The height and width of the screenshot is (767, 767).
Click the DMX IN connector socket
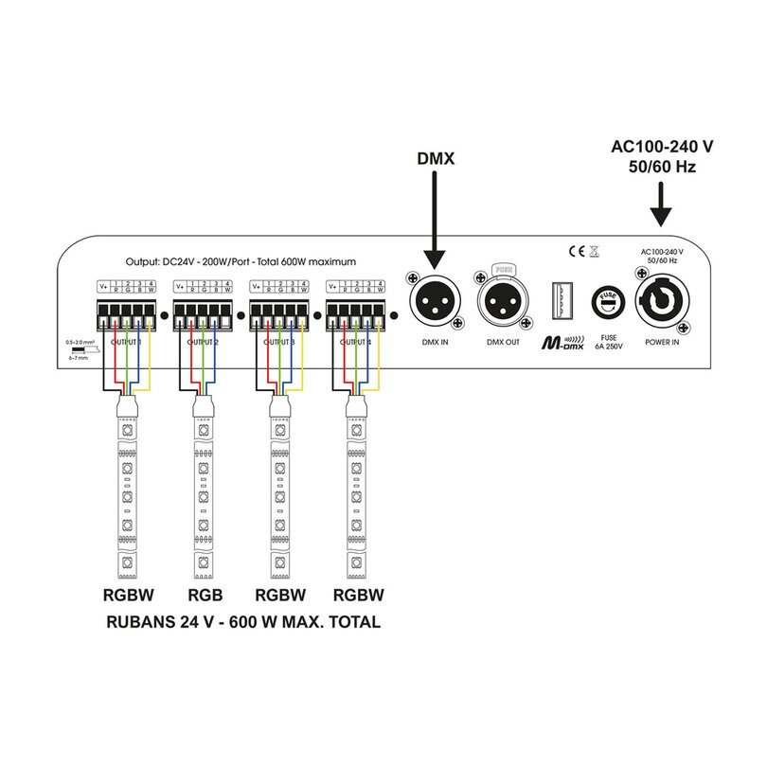(x=434, y=304)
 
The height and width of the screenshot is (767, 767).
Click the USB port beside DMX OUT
(x=558, y=304)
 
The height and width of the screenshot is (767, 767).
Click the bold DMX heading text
(x=436, y=159)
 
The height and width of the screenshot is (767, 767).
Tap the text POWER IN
(x=662, y=341)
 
